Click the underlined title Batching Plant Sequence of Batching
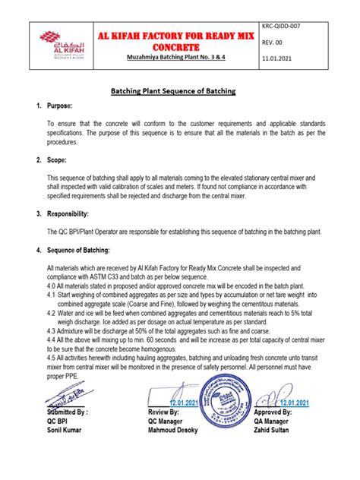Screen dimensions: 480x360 pos(180,91)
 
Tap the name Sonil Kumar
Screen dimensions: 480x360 pos(66,431)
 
